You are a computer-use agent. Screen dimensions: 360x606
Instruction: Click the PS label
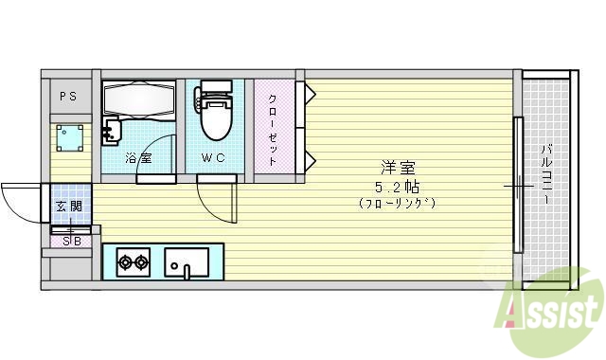pyautogui.click(x=68, y=96)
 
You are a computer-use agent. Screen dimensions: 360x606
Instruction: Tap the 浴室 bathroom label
pyautogui.click(x=139, y=158)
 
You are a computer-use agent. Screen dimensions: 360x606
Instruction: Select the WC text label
pyautogui.click(x=212, y=158)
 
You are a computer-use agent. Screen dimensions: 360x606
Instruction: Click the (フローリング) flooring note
pyautogui.click(x=397, y=203)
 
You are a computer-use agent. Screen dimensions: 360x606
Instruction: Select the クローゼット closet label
pyautogui.click(x=273, y=131)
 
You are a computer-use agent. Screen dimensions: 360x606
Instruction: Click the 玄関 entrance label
pyautogui.click(x=68, y=207)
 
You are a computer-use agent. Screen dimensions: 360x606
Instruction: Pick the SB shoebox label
pyautogui.click(x=71, y=241)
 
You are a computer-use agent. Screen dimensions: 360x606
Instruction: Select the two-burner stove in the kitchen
pyautogui.click(x=134, y=261)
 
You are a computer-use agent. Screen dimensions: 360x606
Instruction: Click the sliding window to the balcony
pyautogui.click(x=518, y=187)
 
